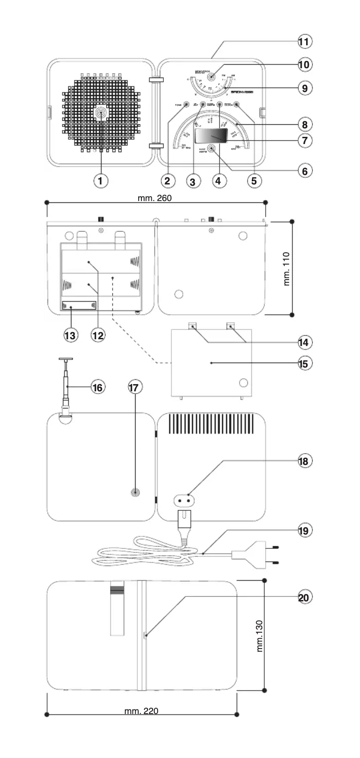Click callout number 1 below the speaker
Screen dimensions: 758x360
click(x=101, y=181)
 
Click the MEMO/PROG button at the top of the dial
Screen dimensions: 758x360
click(x=211, y=77)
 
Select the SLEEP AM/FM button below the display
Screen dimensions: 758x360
click(x=211, y=149)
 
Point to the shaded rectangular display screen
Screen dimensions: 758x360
click(x=213, y=136)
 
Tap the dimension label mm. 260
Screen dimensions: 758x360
click(x=155, y=198)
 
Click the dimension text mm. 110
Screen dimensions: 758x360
click(x=287, y=269)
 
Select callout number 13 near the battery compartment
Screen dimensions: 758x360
click(x=70, y=335)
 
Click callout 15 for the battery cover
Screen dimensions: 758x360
click(x=304, y=363)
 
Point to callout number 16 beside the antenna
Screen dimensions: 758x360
click(x=97, y=387)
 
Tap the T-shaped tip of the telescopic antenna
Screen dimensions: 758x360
click(x=66, y=359)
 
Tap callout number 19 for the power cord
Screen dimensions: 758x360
click(x=304, y=530)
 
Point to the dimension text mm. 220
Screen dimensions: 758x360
click(x=141, y=711)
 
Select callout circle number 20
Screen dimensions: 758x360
click(x=304, y=597)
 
